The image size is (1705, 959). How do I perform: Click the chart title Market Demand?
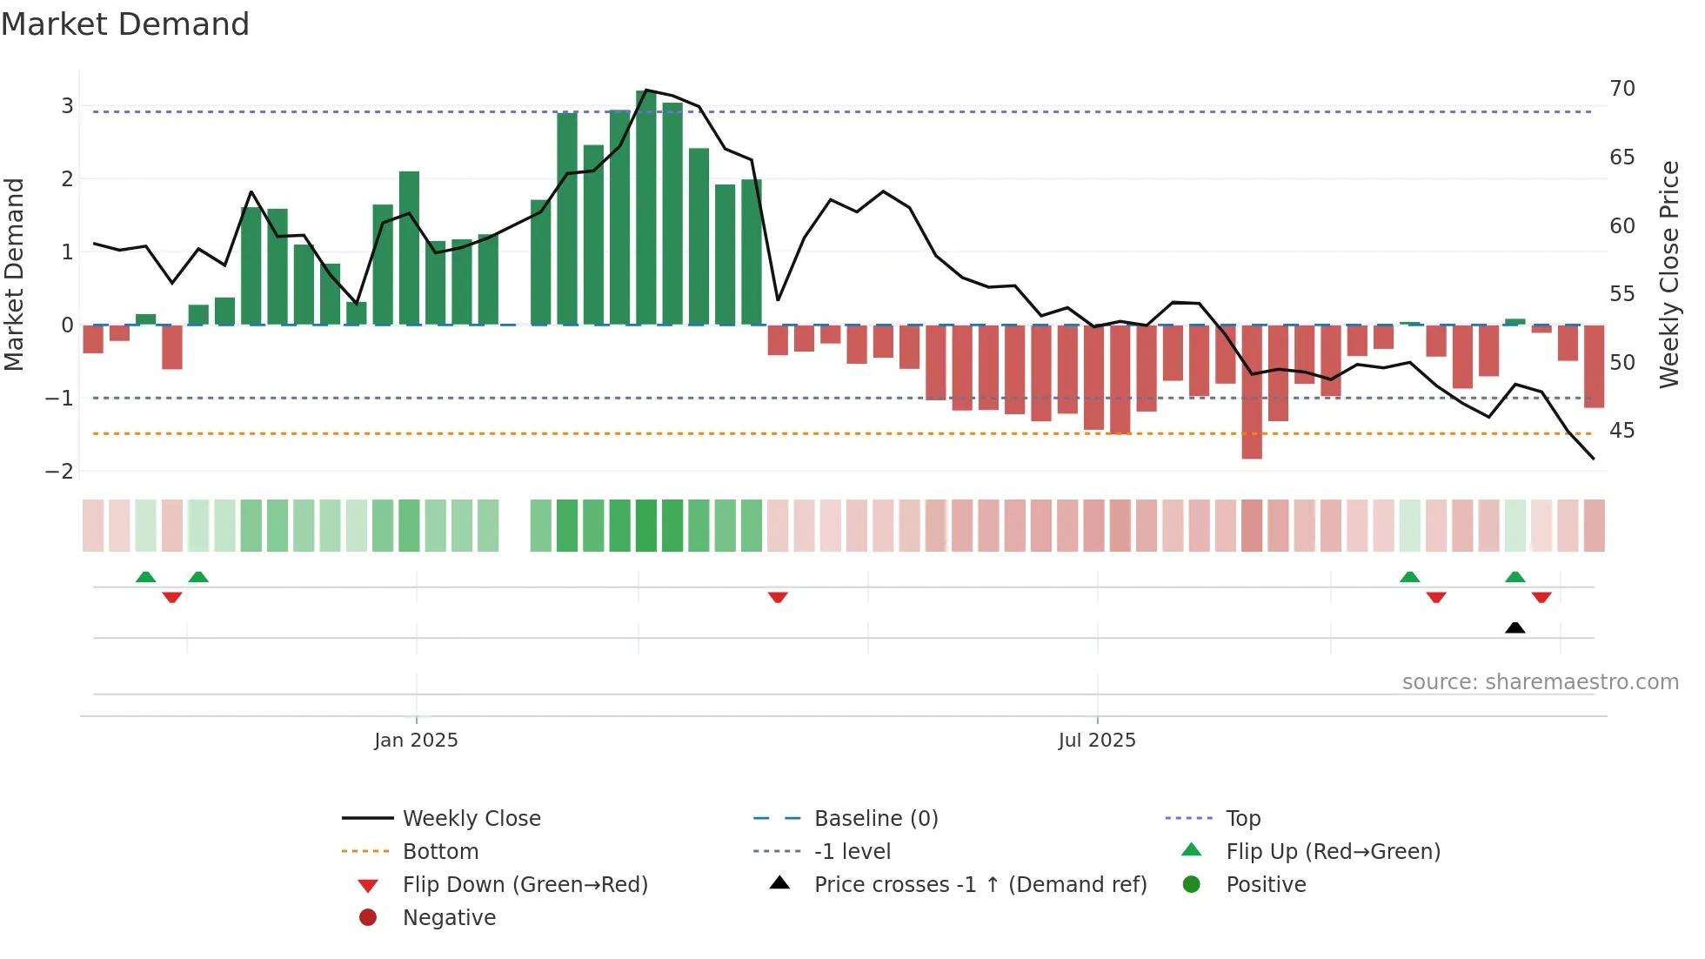click(x=125, y=24)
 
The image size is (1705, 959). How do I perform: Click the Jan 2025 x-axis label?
click(x=416, y=740)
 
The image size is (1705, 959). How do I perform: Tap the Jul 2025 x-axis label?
click(x=1096, y=740)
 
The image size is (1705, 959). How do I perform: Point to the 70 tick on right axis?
click(x=1621, y=89)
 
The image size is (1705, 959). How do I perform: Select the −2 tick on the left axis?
click(x=60, y=471)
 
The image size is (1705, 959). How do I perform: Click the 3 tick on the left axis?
click(x=67, y=106)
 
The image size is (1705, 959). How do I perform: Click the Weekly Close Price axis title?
click(x=1668, y=274)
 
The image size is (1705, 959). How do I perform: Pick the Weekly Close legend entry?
click(x=471, y=818)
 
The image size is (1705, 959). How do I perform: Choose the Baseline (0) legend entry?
click(x=875, y=818)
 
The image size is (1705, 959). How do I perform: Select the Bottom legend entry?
click(x=440, y=851)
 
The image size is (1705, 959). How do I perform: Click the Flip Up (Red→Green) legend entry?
click(x=1333, y=851)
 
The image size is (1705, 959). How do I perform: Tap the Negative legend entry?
click(x=449, y=917)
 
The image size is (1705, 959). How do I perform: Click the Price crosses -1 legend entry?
click(x=980, y=884)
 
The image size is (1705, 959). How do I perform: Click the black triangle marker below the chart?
click(x=1514, y=627)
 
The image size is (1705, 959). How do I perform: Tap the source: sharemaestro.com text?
click(x=1540, y=681)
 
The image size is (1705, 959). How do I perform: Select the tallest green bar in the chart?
click(x=646, y=209)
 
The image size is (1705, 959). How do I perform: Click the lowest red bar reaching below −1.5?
click(x=1251, y=392)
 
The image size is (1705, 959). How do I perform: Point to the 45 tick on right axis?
click(x=1621, y=431)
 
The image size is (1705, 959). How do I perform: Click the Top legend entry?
click(x=1242, y=818)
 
